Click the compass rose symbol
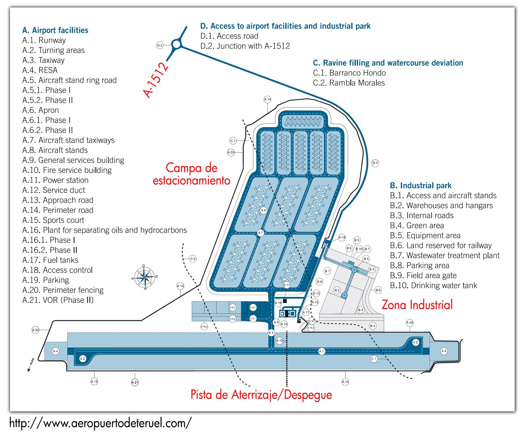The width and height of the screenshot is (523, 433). [x=145, y=278]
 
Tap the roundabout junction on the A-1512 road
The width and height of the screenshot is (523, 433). [x=176, y=44]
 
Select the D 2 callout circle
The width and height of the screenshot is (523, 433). [x=160, y=45]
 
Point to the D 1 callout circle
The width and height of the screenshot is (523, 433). [x=375, y=163]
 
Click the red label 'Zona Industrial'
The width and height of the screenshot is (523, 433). [x=417, y=305]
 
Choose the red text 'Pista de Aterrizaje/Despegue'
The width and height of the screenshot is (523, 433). [x=261, y=394]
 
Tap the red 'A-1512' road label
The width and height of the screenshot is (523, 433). [x=156, y=80]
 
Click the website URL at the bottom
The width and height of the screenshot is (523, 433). [x=101, y=423]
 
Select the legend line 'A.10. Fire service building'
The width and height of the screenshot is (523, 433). [x=67, y=170]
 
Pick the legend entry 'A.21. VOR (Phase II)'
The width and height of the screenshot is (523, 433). [x=58, y=300]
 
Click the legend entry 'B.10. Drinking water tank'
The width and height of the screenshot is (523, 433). [x=433, y=286]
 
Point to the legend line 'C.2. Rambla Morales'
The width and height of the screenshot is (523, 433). [x=349, y=83]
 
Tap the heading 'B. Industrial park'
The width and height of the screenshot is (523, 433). [x=421, y=186]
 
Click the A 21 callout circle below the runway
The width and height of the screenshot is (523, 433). [x=135, y=382]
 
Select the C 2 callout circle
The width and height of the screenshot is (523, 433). [x=193, y=259]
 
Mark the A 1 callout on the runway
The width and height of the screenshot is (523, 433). [x=322, y=351]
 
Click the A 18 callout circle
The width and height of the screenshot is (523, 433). [x=342, y=237]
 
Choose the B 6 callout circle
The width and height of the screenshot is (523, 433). [x=378, y=290]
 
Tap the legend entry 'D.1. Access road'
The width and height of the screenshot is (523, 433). [x=229, y=36]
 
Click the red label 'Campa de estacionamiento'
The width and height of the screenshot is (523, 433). [x=191, y=174]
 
